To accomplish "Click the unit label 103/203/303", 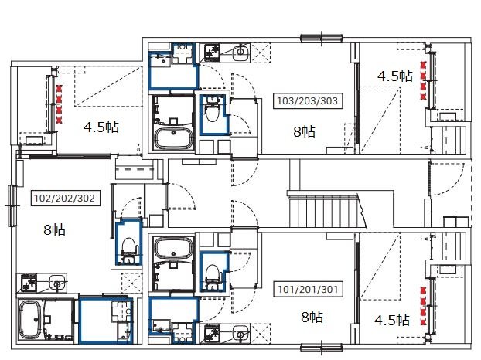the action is coord(307,100).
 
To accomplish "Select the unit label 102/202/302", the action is coord(64,199).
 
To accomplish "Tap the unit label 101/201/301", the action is coord(308,289).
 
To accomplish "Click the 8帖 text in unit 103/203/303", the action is coord(305,131).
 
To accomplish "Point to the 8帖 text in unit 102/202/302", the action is coord(55,229).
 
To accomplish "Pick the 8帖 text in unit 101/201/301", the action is coord(312,317).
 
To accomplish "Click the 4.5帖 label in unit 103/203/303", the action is coord(395,76).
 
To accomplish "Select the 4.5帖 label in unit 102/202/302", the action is coord(101,127).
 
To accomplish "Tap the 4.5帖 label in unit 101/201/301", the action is coord(392,320).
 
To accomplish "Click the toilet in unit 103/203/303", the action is coord(213,113).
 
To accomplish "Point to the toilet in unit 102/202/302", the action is coord(129,248).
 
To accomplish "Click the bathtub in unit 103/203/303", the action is coord(174,138).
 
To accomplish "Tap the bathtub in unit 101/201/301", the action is coord(174,247).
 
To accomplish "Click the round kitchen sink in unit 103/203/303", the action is coord(240,53).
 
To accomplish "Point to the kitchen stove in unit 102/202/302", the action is coord(28,283).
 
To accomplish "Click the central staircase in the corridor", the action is coord(326,210).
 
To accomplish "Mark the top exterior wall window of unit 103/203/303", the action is coord(322,39).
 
